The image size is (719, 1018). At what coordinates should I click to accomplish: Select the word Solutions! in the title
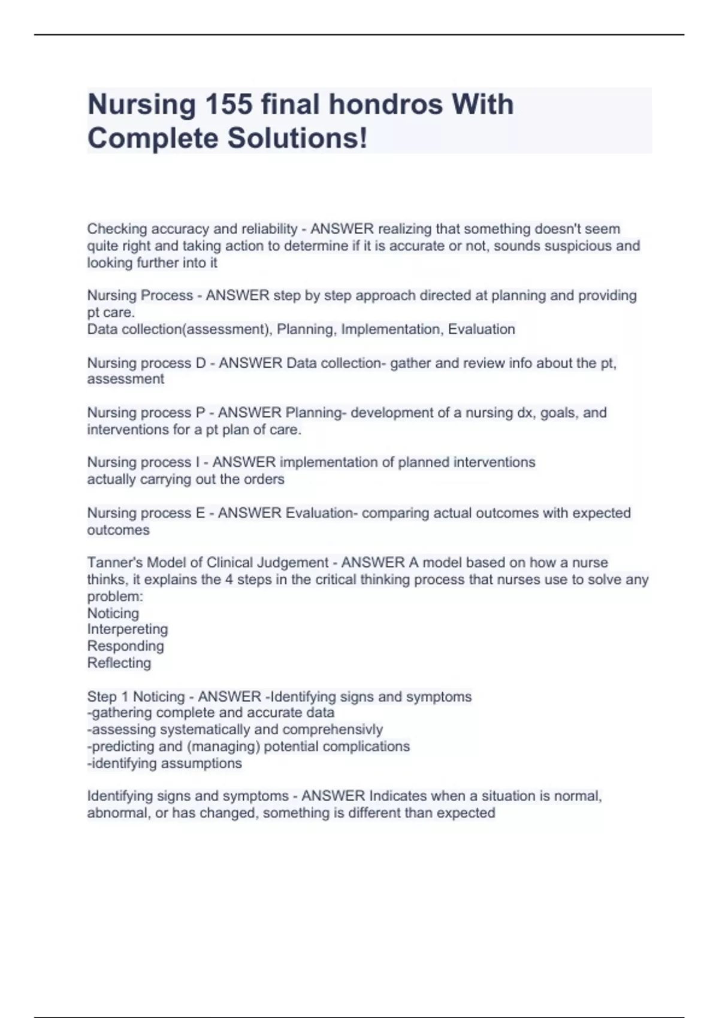[x=297, y=138]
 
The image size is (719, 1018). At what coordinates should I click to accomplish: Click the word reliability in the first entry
[x=269, y=229]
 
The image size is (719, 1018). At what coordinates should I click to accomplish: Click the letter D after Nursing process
[x=201, y=363]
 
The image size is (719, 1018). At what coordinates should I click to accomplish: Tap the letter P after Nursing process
[x=201, y=413]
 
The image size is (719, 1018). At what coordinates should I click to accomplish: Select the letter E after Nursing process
[x=200, y=513]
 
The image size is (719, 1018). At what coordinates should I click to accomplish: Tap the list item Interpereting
[x=128, y=629]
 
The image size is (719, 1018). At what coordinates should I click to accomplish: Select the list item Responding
[x=125, y=646]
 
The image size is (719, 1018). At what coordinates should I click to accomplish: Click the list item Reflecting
[x=119, y=663]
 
